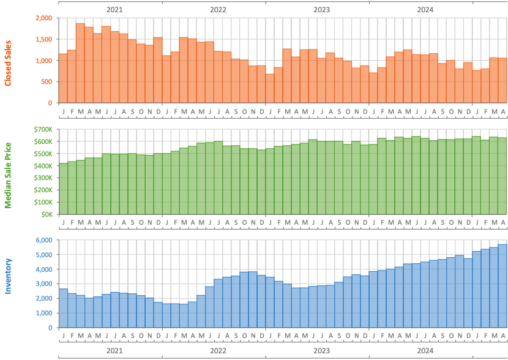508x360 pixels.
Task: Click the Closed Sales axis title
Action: (x=8, y=60)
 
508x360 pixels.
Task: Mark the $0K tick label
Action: (x=46, y=214)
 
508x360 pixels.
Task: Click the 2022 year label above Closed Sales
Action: (x=218, y=9)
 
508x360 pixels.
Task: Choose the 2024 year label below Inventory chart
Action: (x=425, y=351)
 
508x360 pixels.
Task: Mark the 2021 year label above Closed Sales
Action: (x=114, y=9)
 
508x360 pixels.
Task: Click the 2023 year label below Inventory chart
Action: (x=321, y=351)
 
